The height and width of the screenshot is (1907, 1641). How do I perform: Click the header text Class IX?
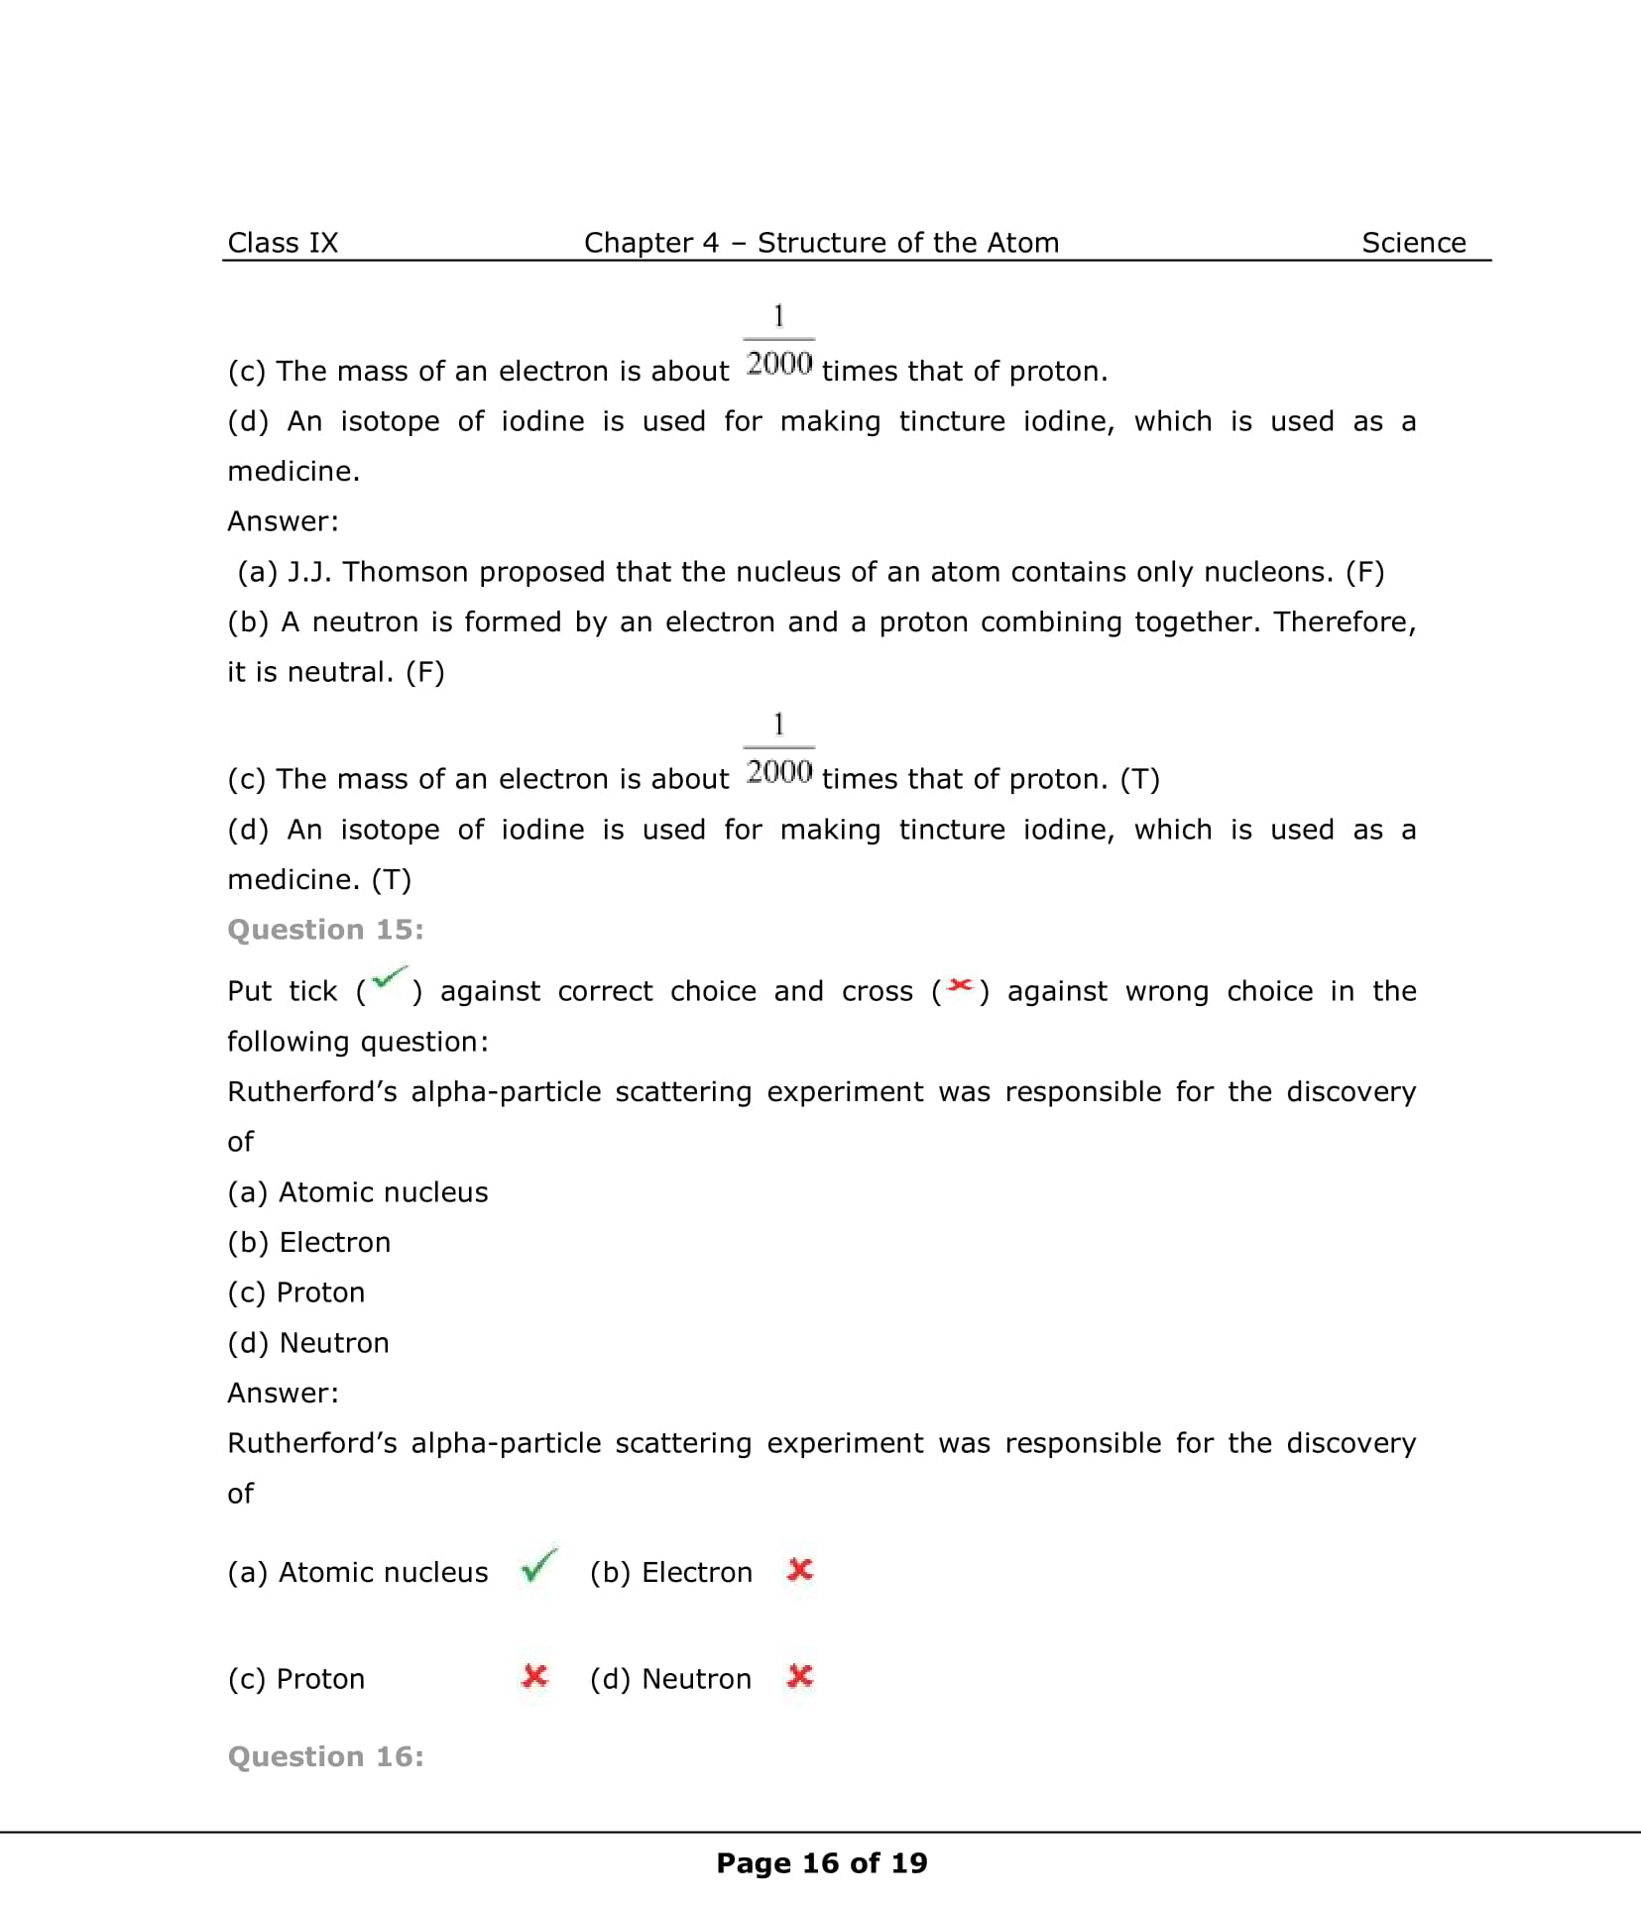283,243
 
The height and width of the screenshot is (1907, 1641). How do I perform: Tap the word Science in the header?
1413,243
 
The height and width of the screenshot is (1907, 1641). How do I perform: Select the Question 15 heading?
325,930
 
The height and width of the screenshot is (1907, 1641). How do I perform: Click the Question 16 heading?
325,1756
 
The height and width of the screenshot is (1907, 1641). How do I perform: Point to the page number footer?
821,1863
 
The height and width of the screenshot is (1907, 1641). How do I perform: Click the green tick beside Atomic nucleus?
538,1566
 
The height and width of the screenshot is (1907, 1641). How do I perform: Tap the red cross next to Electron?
800,1570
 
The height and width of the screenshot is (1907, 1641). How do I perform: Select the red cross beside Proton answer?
534,1676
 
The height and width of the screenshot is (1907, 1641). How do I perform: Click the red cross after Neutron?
800,1676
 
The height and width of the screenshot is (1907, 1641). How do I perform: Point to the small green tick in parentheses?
389,980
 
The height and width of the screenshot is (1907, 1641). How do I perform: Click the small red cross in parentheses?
959,985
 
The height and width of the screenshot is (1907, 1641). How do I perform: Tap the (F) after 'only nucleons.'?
1364,572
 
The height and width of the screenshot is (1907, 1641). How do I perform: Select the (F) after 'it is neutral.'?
425,672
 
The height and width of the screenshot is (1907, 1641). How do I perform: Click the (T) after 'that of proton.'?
1140,779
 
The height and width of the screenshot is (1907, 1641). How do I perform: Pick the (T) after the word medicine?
392,879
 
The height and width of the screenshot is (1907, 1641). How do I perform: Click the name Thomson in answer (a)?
404,572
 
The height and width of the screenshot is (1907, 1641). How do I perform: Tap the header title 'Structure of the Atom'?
908,243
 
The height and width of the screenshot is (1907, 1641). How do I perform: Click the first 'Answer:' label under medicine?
283,521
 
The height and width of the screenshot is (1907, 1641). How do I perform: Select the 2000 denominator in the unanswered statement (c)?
779,364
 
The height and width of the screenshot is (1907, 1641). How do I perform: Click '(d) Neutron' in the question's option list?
308,1343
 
